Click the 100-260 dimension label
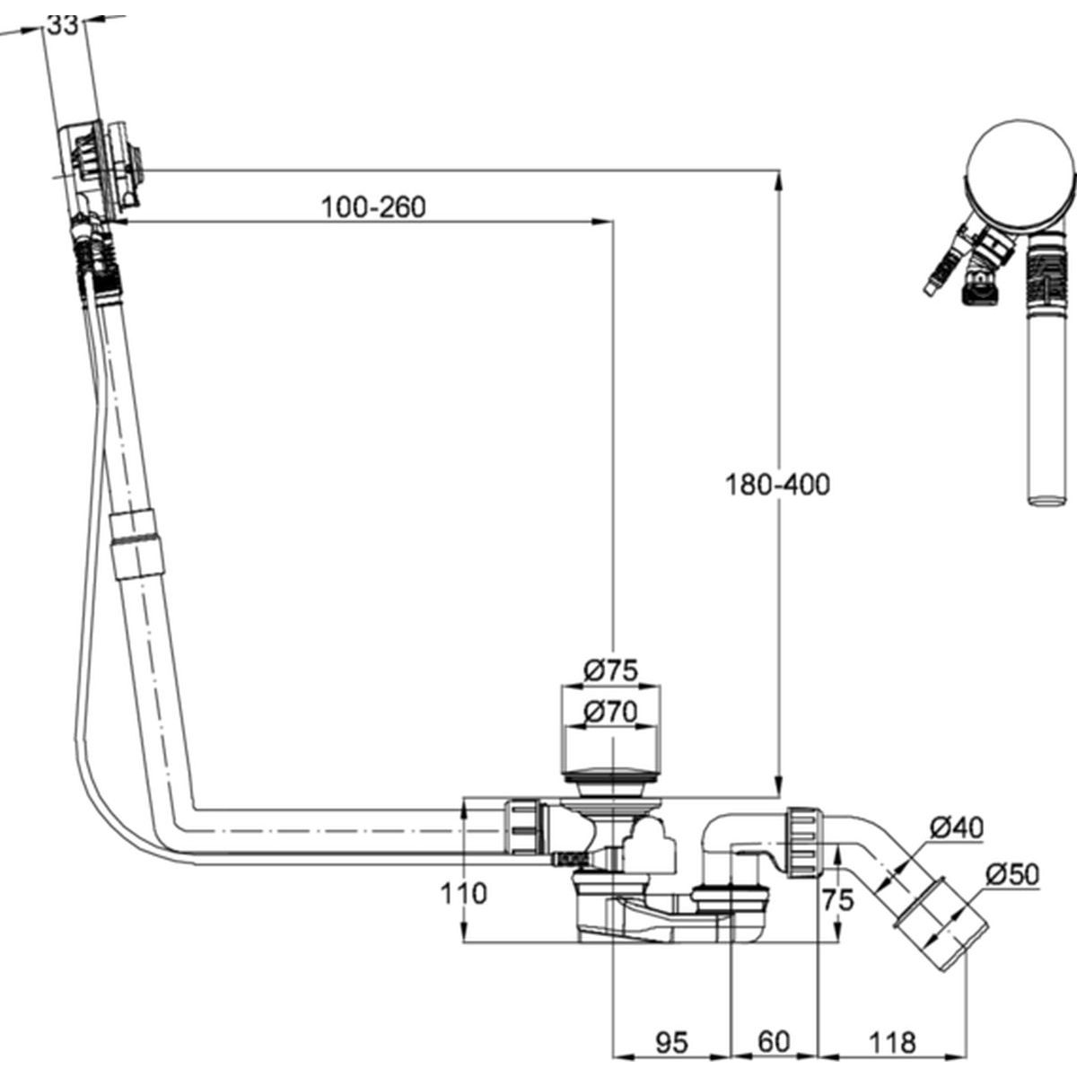click(x=373, y=207)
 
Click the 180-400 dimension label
click(x=777, y=485)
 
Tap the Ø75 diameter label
click(x=610, y=670)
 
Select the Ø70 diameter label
click(x=610, y=712)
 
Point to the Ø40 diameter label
click(x=956, y=827)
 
